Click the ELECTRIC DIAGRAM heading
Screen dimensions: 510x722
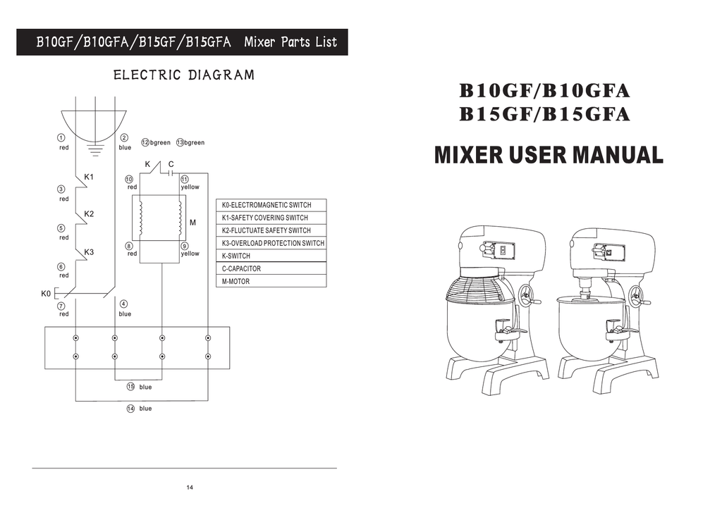pos(183,75)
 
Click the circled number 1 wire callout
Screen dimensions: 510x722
pos(62,137)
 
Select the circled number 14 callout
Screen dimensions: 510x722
pos(130,409)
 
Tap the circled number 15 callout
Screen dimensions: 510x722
pos(130,387)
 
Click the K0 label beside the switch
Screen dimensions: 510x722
pos(46,293)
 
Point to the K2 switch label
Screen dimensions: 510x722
pos(90,213)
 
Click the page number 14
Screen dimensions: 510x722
pos(190,488)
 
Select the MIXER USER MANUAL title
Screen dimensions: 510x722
pos(549,155)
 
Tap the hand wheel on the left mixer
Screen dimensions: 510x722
pos(525,294)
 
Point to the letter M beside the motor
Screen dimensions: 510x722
pos(192,223)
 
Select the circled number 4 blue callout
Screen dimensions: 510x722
pos(123,304)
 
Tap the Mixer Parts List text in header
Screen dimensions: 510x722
pos(290,42)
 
